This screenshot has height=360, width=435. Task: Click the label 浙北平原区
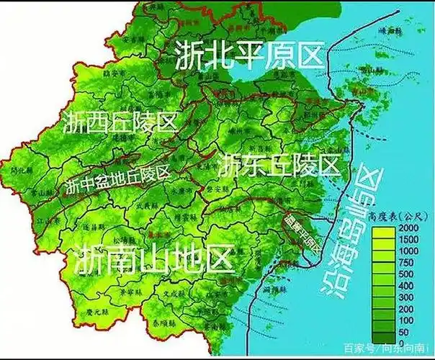pyautogui.click(x=247, y=56)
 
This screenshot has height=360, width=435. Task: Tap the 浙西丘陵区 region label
pyautogui.click(x=120, y=120)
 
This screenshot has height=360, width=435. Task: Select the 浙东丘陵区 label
pyautogui.click(x=279, y=165)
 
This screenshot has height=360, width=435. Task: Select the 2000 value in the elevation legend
pyautogui.click(x=408, y=228)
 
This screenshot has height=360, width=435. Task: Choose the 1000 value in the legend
pyautogui.click(x=408, y=251)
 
